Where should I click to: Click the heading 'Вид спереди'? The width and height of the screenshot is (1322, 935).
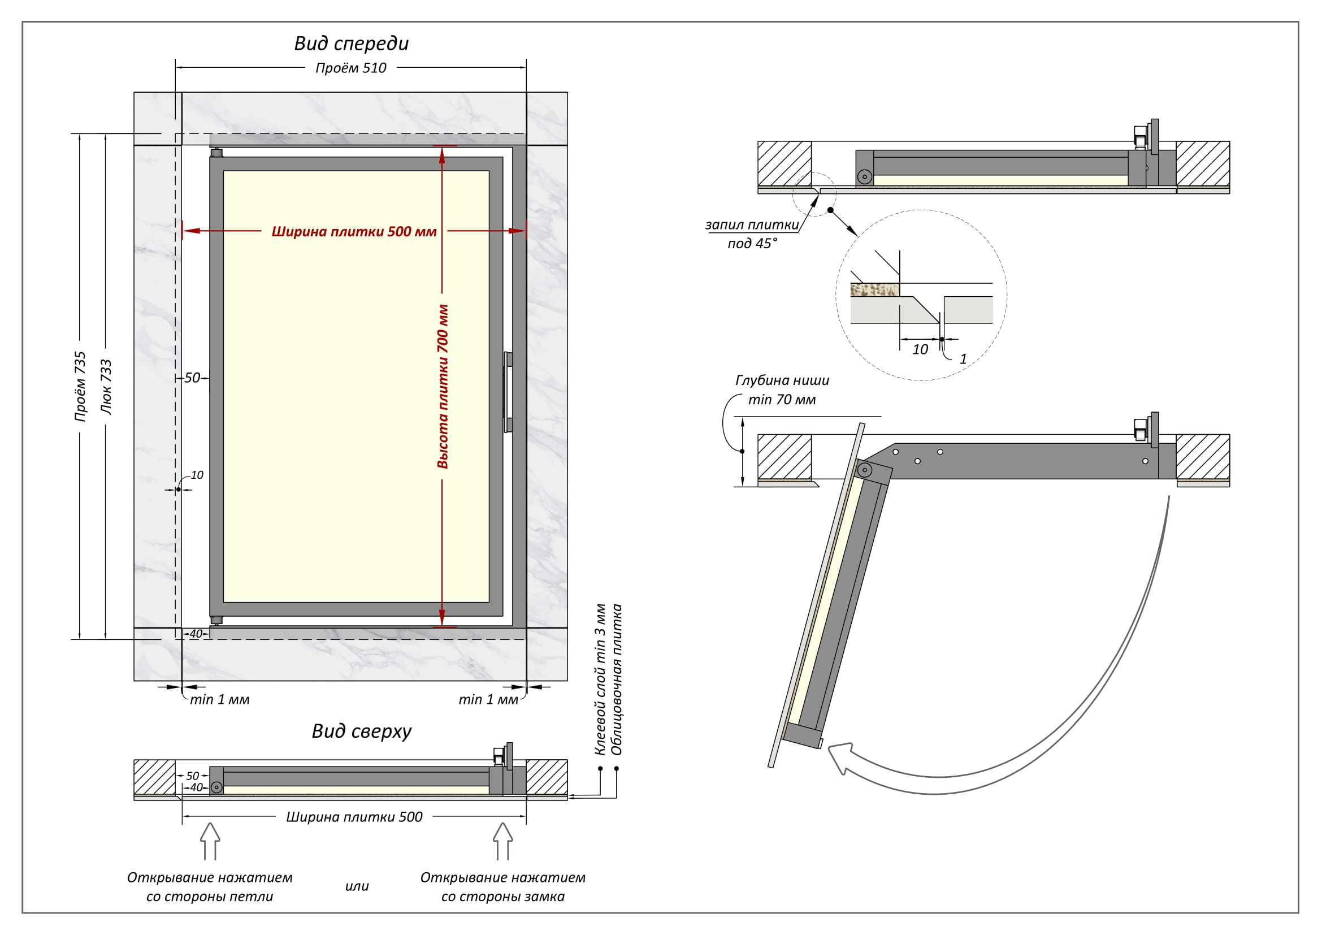[351, 44]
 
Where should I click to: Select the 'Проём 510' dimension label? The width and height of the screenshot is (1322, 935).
[350, 68]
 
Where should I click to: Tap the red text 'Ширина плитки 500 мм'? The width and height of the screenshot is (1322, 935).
[353, 231]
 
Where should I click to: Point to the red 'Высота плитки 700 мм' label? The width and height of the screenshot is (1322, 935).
[443, 386]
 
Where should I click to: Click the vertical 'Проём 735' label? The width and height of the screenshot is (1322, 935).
[80, 386]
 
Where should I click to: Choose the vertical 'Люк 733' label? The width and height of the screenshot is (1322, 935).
[106, 387]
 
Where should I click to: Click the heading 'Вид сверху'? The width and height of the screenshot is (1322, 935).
[362, 731]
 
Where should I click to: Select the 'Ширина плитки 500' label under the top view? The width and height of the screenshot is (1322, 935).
[354, 817]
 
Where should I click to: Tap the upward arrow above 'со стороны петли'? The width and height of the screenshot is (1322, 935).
[210, 841]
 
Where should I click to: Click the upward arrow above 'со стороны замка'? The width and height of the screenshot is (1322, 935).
[502, 841]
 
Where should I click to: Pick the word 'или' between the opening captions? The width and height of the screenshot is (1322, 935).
[357, 886]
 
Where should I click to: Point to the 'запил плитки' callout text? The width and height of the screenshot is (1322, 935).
[752, 225]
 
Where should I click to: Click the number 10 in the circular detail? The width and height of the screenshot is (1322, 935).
[920, 349]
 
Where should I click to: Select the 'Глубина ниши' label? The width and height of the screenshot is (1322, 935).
[782, 380]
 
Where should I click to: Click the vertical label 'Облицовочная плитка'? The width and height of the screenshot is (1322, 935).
[617, 679]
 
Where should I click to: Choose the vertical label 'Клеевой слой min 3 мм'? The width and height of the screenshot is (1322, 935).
[600, 679]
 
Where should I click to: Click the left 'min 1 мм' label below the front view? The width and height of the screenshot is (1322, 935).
[219, 699]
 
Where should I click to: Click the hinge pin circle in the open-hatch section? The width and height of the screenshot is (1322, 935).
[864, 470]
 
